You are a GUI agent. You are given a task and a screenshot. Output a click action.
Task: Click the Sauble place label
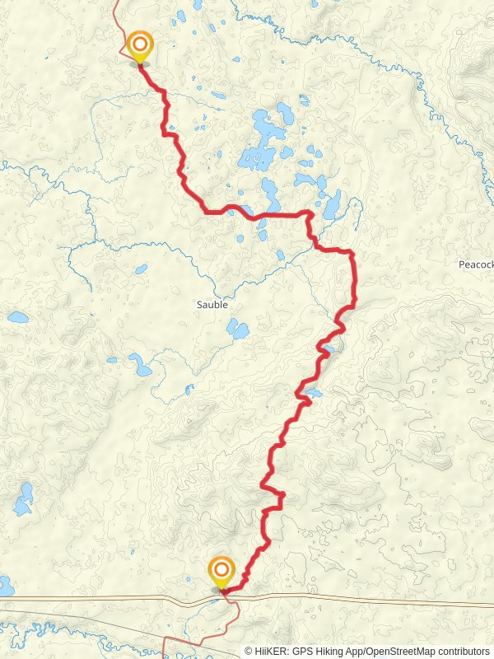pyautogui.click(x=212, y=304)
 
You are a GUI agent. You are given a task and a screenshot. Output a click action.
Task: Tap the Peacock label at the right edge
pyautogui.click(x=475, y=264)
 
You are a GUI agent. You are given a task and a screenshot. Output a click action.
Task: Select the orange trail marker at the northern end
pyautogui.click(x=140, y=44)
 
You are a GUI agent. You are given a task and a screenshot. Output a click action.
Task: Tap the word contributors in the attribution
pyautogui.click(x=463, y=651)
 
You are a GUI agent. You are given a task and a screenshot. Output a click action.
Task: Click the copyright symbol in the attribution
pyautogui.click(x=249, y=651)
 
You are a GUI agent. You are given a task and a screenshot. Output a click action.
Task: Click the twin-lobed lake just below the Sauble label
pyautogui.click(x=237, y=330)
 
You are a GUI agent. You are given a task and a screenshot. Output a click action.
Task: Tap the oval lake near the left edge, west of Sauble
pyautogui.click(x=17, y=317)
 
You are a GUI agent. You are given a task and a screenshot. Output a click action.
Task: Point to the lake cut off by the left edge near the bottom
pyautogui.click(x=5, y=587)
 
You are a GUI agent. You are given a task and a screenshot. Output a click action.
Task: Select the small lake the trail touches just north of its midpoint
pyautogui.click(x=328, y=352)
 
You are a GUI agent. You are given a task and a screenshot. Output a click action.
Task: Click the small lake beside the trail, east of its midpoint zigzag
pyautogui.click(x=314, y=393)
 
